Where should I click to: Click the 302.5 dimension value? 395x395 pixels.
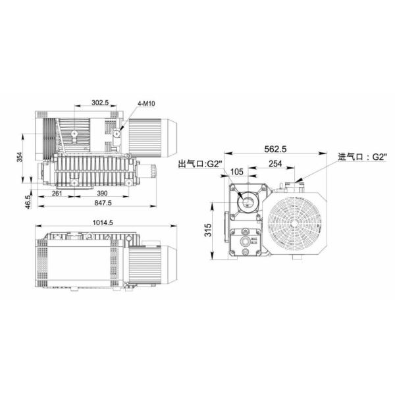click(x=100, y=103)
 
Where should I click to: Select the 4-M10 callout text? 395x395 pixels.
click(x=147, y=104)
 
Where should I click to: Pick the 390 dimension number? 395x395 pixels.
click(x=102, y=194)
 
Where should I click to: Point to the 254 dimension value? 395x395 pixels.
click(x=276, y=164)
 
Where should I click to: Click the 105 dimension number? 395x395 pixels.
click(x=238, y=172)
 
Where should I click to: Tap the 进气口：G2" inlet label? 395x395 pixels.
click(x=362, y=157)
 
